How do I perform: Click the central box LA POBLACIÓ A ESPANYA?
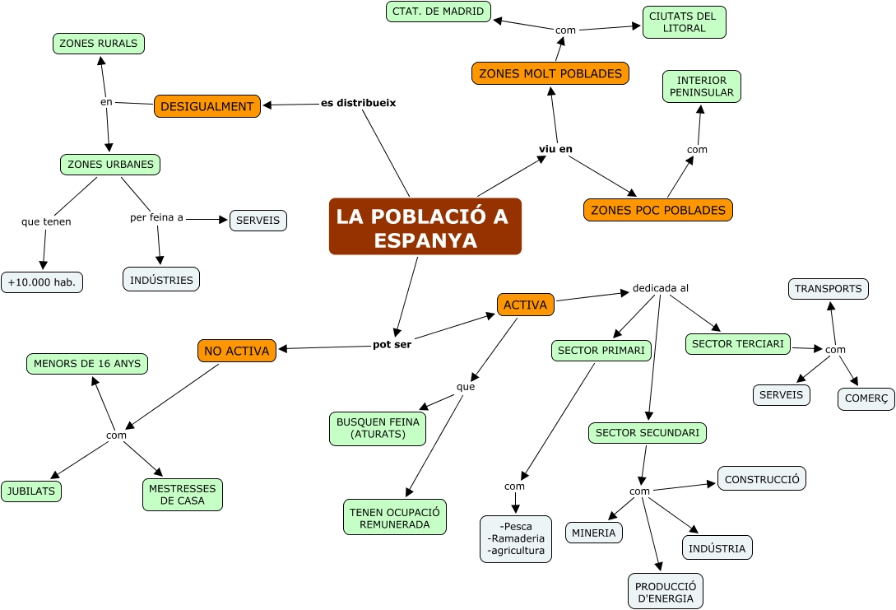(425, 226)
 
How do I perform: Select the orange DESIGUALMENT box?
(207, 106)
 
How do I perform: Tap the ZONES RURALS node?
(99, 44)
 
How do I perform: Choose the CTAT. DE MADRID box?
(439, 12)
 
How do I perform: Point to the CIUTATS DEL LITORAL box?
(684, 22)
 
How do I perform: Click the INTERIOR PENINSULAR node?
(702, 86)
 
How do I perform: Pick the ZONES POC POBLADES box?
(658, 210)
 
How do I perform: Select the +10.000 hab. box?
(42, 282)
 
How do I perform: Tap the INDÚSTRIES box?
(161, 280)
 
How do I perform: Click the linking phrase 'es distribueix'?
(358, 103)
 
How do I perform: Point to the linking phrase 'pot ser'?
(392, 344)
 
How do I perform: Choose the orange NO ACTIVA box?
(237, 351)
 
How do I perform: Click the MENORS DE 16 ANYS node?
(88, 363)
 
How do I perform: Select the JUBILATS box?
(31, 491)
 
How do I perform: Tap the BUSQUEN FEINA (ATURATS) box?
(378, 428)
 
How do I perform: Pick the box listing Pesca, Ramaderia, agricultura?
(516, 538)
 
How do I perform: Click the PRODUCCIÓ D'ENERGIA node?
(666, 591)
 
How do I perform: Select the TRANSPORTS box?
(829, 289)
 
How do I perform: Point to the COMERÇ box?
(866, 399)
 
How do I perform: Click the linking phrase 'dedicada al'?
(660, 288)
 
